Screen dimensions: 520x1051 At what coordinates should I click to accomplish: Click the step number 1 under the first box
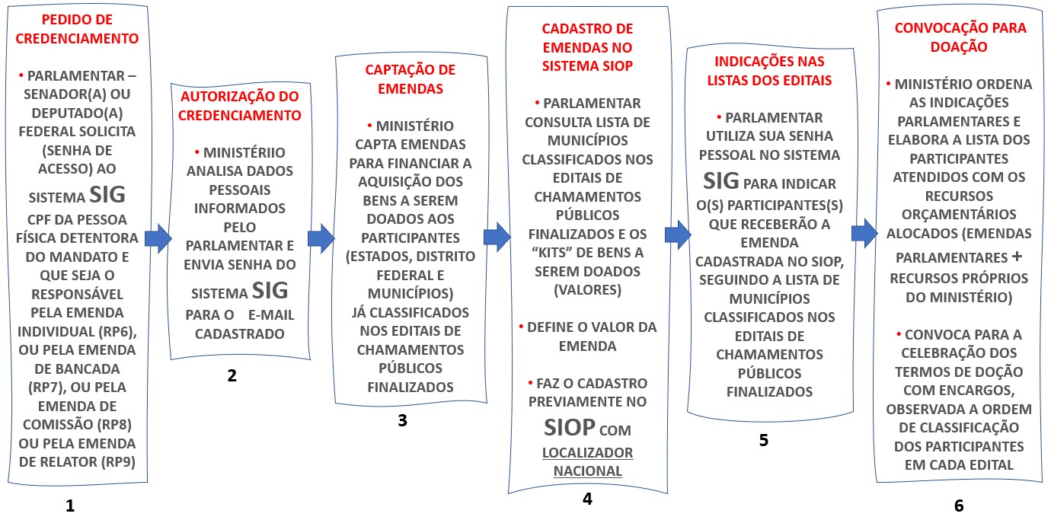point(70,505)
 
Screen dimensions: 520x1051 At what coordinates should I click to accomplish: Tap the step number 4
point(586,499)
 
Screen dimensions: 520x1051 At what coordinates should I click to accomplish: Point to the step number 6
point(959,506)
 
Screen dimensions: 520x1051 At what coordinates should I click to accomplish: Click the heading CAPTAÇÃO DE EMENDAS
point(410,79)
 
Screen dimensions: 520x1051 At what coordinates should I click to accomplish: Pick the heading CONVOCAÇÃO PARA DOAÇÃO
point(960,37)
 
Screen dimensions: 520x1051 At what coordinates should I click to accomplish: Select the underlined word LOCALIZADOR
point(587,452)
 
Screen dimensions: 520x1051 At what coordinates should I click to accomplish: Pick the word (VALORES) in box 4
point(586,290)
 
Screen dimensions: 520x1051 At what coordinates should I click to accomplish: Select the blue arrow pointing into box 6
point(864,233)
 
